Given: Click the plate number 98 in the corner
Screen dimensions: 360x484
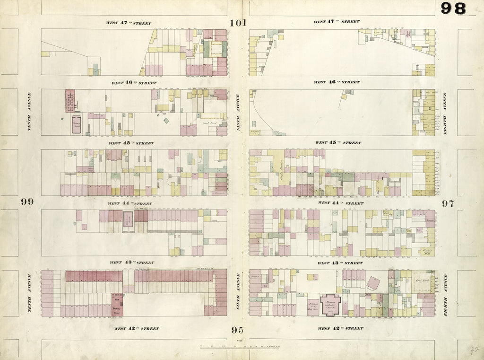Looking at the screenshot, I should tap(453, 9).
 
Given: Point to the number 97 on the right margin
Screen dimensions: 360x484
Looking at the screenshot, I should tap(448, 203).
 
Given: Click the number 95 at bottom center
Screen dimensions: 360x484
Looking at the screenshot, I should tap(238, 330).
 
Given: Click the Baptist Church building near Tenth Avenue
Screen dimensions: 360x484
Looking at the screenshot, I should tap(76, 125).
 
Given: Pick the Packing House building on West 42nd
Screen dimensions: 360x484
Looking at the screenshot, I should tap(117, 305).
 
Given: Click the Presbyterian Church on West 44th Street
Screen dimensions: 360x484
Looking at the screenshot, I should tap(128, 219).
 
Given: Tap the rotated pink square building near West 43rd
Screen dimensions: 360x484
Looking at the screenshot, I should tap(373, 283).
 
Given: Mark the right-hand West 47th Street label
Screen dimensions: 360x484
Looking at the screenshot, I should tap(337, 22).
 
